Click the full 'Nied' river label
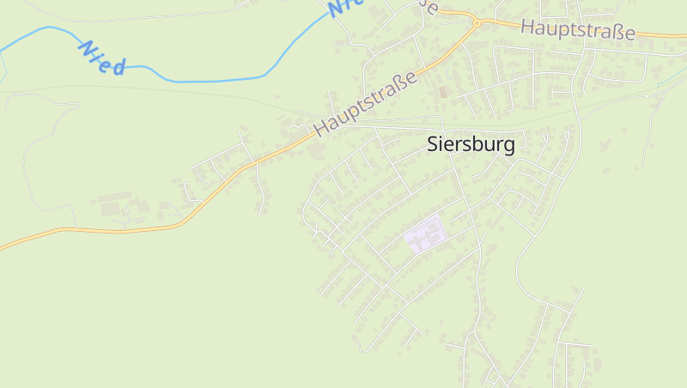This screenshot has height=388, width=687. point(102,58)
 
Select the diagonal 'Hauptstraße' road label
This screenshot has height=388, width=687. point(366,104)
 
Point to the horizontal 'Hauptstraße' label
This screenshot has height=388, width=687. point(577,29)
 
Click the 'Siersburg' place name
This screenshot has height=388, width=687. point(471,145)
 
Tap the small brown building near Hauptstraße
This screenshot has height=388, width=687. point(443,91)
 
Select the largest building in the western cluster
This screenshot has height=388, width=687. point(110,207)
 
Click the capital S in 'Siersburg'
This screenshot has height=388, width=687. point(433,145)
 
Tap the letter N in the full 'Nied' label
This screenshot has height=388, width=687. point(87,48)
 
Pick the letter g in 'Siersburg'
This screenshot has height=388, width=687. point(509,148)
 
